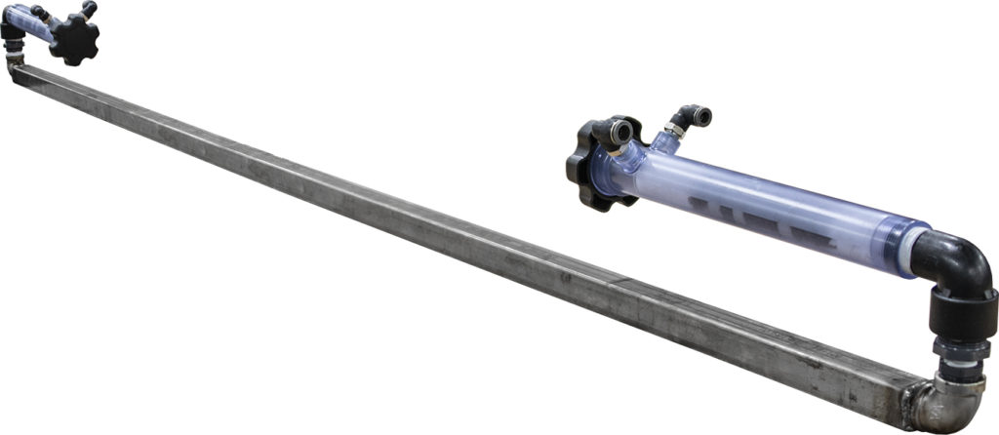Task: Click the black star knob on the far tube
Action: (x=74, y=39)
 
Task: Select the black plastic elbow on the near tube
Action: (x=960, y=263)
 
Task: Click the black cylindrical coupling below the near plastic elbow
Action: (x=960, y=317)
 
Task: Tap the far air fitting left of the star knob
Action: (x=39, y=12)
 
